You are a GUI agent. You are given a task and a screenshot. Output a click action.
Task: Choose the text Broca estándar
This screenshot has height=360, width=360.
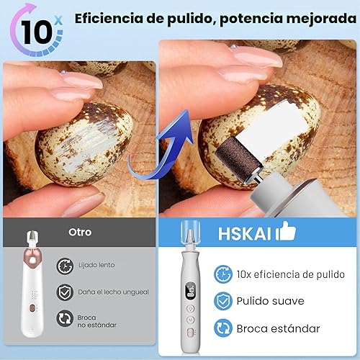tap(278, 328)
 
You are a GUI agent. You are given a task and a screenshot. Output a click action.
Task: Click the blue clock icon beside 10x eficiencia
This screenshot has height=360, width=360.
tap(223, 274)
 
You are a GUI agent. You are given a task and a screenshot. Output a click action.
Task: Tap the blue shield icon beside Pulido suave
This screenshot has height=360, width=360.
tap(223, 301)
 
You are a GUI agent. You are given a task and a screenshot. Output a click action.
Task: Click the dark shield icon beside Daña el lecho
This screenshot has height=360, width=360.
tap(66, 291)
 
